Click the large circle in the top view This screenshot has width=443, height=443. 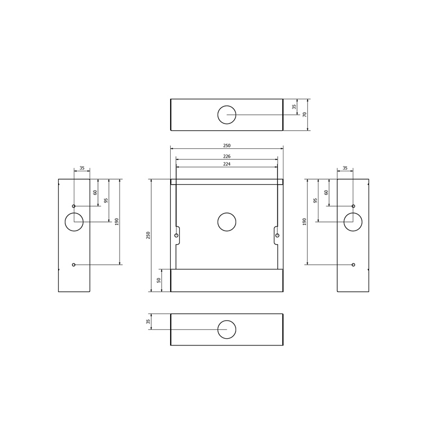coord(218,115)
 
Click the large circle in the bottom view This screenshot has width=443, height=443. coord(218,329)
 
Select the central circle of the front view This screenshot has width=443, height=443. coord(218,222)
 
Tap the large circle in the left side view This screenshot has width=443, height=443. coord(65,222)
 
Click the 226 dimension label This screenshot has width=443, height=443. coord(227,156)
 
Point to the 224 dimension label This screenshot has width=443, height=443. coord(227,164)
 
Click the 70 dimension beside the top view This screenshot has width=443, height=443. coord(304,115)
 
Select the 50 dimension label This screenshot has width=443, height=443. coord(159,280)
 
